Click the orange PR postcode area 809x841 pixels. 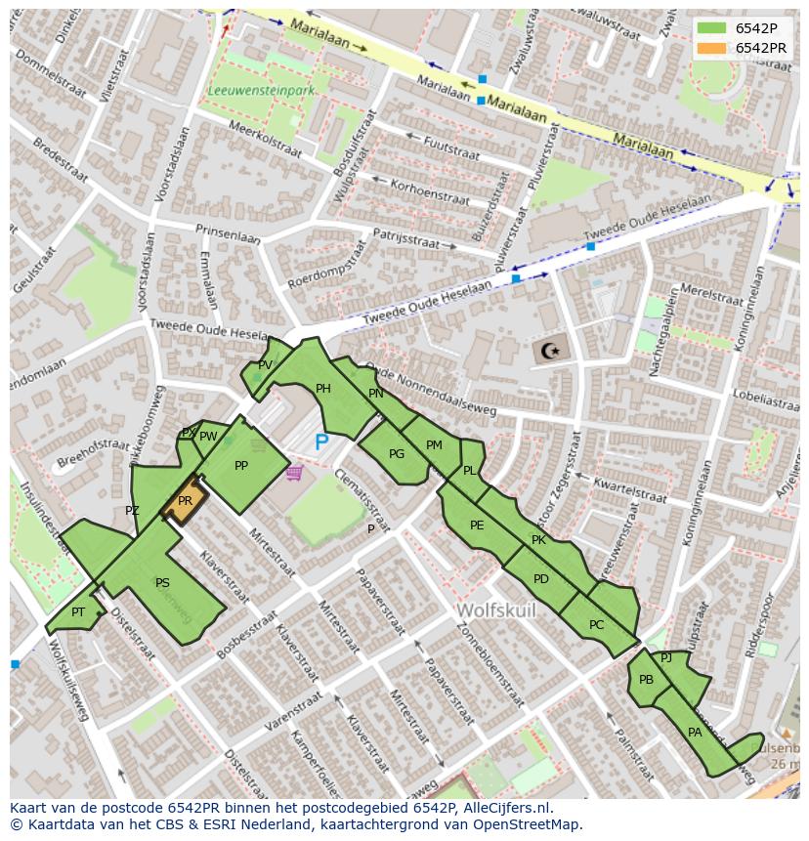(x=184, y=502)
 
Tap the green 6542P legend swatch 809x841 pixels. (x=712, y=28)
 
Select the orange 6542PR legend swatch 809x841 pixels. (x=712, y=48)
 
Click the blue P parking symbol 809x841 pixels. (x=321, y=442)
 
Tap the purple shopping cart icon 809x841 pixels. (x=294, y=474)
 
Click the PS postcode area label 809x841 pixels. (x=162, y=583)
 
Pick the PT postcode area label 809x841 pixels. (x=78, y=612)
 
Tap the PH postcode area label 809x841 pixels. (x=323, y=389)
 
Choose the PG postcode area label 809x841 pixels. (x=396, y=454)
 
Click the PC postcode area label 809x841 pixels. (x=596, y=625)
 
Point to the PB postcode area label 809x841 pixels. (x=646, y=680)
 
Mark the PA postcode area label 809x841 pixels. (x=695, y=733)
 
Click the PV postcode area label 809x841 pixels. (x=265, y=365)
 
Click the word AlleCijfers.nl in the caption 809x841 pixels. (x=506, y=808)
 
